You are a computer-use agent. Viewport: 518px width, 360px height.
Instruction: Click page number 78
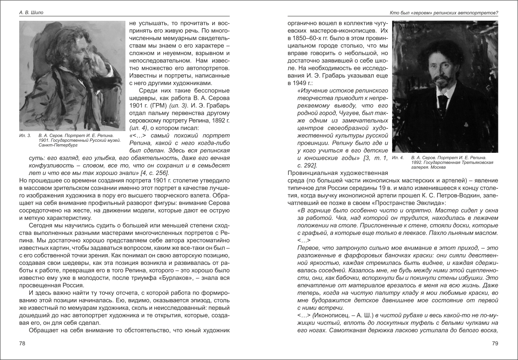(22, 344)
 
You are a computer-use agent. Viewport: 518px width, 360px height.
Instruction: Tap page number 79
(495, 344)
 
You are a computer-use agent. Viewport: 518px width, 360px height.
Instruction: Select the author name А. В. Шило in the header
(31, 13)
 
